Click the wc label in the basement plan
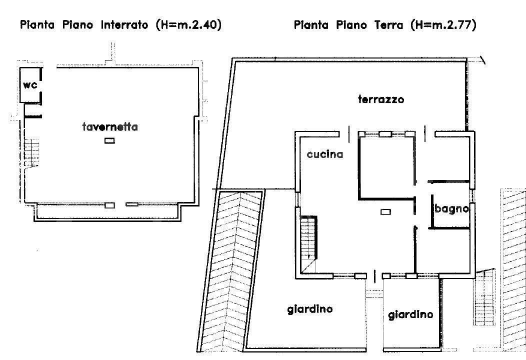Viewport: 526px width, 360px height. tap(30, 85)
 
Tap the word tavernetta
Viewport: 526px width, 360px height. tap(110, 127)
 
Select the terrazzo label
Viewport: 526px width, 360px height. tap(381, 99)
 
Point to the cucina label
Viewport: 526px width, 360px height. tap(325, 154)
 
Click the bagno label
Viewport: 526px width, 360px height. tap(451, 209)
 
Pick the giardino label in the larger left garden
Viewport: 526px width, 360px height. tap(310, 309)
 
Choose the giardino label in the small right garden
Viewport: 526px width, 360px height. tap(410, 314)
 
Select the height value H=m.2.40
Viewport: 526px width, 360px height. tap(188, 24)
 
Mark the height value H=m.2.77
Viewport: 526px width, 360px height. tap(443, 24)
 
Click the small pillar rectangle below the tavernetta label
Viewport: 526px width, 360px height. tap(109, 141)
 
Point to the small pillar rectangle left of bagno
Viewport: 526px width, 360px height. tap(385, 212)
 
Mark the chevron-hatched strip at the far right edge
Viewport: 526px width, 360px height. tap(514, 270)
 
